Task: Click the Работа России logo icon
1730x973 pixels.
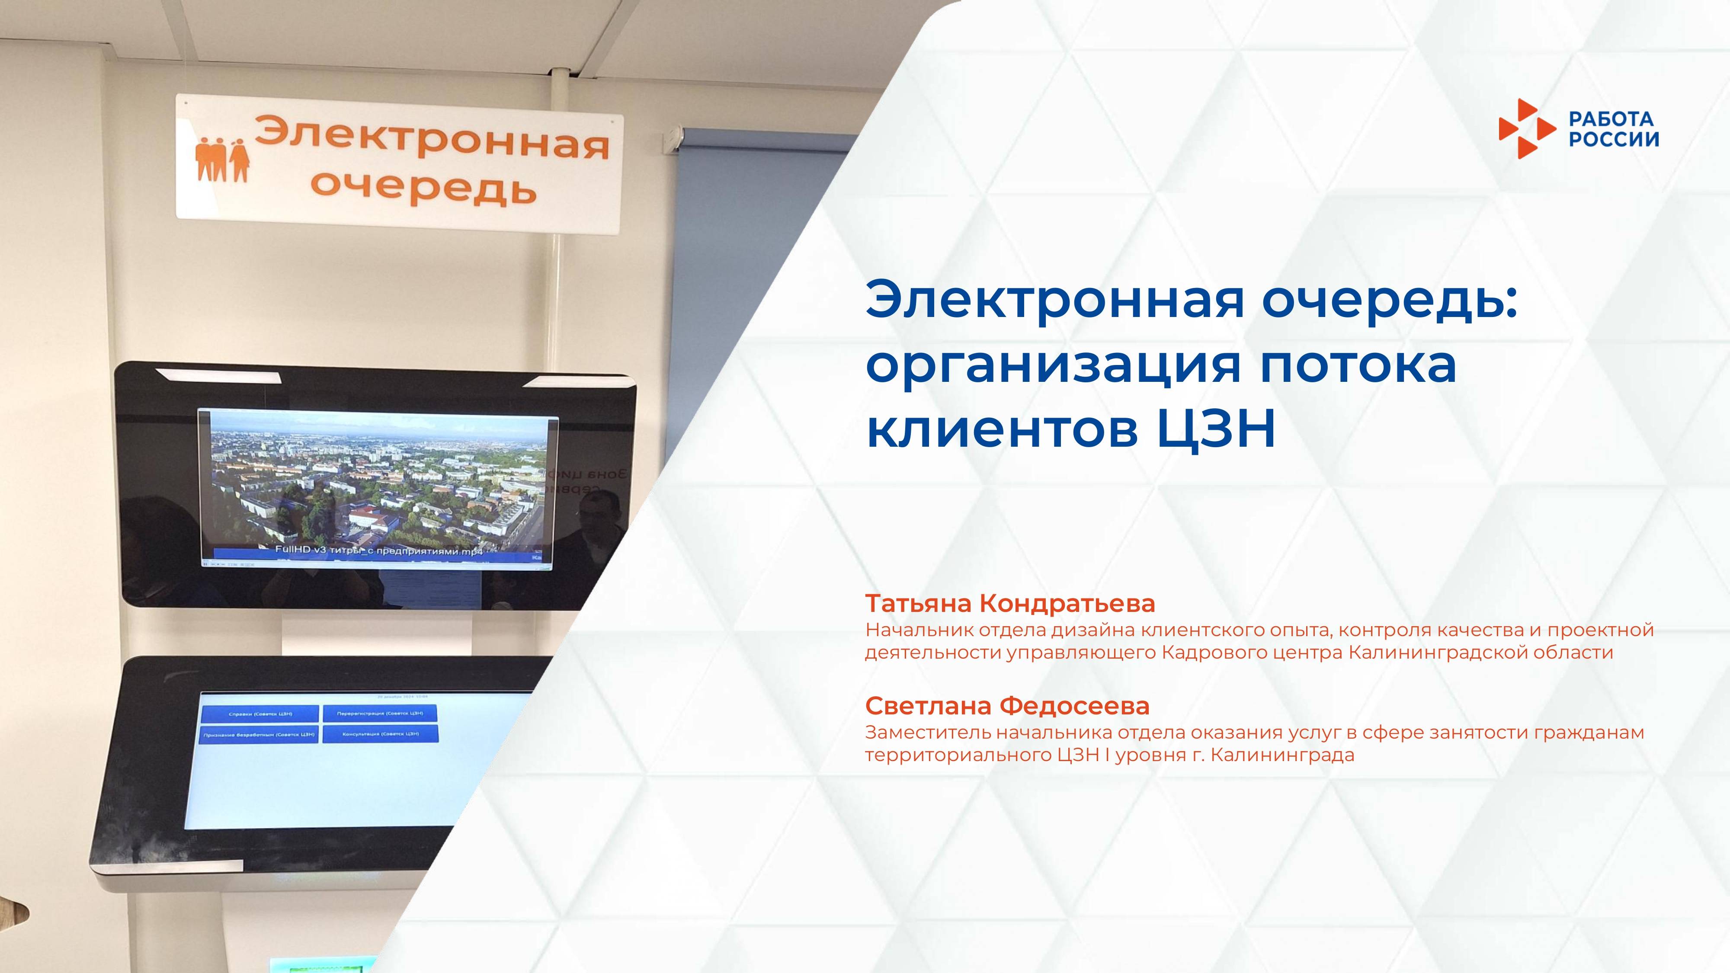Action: pyautogui.click(x=1526, y=129)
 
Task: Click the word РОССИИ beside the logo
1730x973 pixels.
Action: pyautogui.click(x=1613, y=139)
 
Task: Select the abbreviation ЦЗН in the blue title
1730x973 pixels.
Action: pyautogui.click(x=1216, y=430)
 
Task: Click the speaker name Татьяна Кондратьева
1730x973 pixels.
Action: pyautogui.click(x=1009, y=604)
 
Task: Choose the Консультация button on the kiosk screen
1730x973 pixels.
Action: pyautogui.click(x=380, y=734)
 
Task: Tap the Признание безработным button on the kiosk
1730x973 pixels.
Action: pyautogui.click(x=259, y=735)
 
